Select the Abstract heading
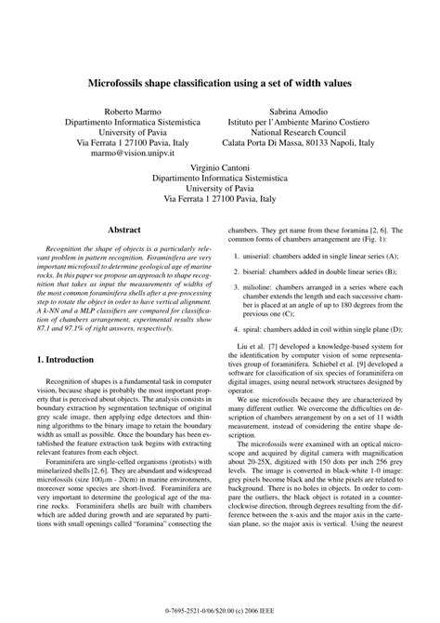point(124,227)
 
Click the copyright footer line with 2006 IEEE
point(220,612)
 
